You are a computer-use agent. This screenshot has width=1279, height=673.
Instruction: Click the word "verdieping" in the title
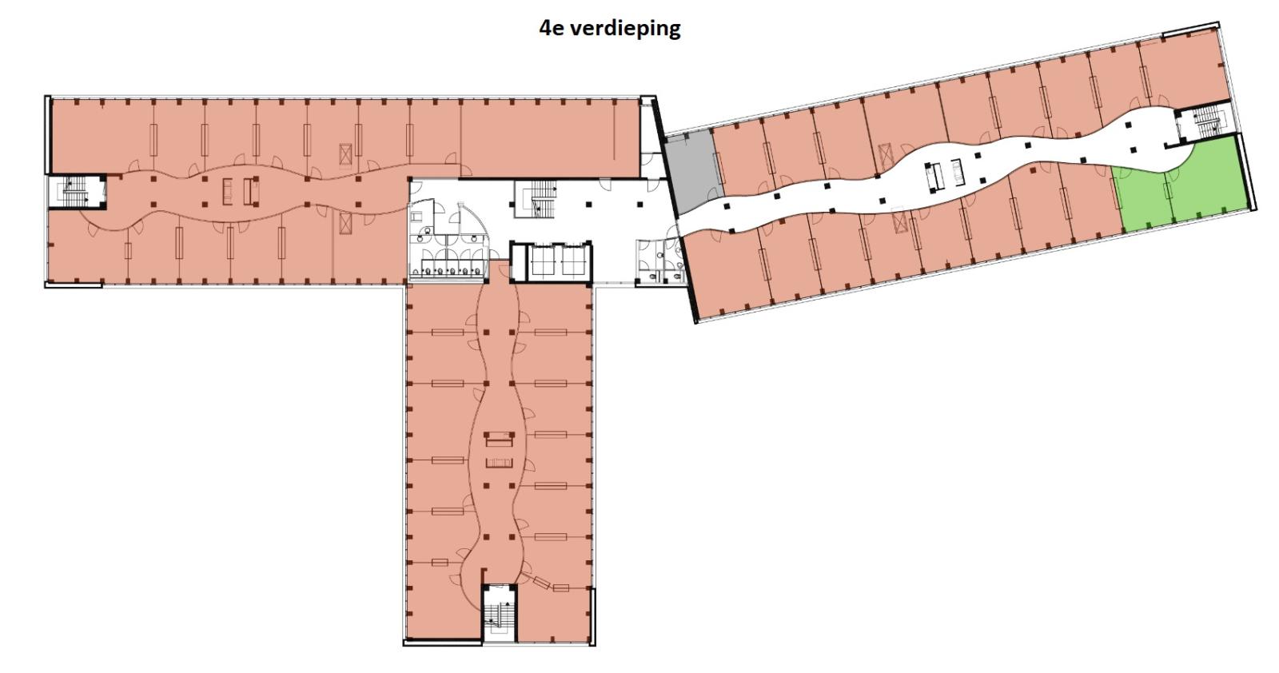tap(625, 28)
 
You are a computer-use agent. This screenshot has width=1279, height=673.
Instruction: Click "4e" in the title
tap(552, 27)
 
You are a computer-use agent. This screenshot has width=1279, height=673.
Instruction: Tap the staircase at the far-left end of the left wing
tap(75, 191)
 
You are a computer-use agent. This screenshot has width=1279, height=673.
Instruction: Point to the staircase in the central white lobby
tap(535, 199)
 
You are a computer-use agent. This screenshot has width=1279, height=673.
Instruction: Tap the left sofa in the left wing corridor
tap(227, 191)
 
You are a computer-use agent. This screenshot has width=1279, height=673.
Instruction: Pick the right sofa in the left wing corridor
tap(249, 191)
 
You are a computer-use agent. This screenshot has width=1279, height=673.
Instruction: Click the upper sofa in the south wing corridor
tap(500, 440)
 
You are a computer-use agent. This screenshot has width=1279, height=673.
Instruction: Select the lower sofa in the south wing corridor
tap(500, 462)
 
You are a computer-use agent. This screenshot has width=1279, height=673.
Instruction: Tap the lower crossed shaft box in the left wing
tap(345, 223)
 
